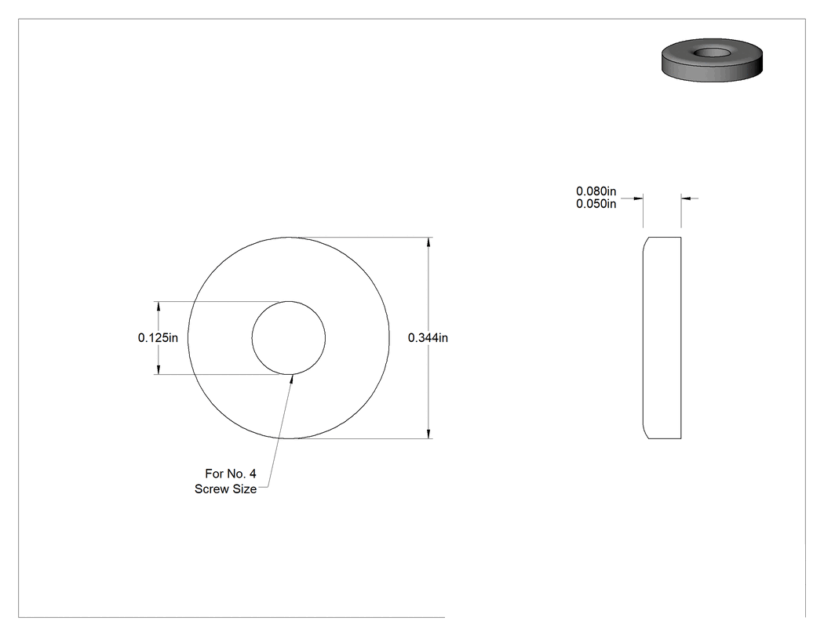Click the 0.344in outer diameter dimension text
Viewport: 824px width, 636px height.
[x=428, y=338]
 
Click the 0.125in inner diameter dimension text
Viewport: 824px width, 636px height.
[x=158, y=338]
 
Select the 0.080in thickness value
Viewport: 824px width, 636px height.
[x=596, y=191]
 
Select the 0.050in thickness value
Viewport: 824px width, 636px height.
[x=596, y=204]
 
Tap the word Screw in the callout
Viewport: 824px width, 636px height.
[x=211, y=489]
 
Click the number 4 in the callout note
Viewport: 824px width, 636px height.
[x=253, y=474]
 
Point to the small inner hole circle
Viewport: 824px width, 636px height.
[x=289, y=301]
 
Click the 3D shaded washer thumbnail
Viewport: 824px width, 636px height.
[x=712, y=60]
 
